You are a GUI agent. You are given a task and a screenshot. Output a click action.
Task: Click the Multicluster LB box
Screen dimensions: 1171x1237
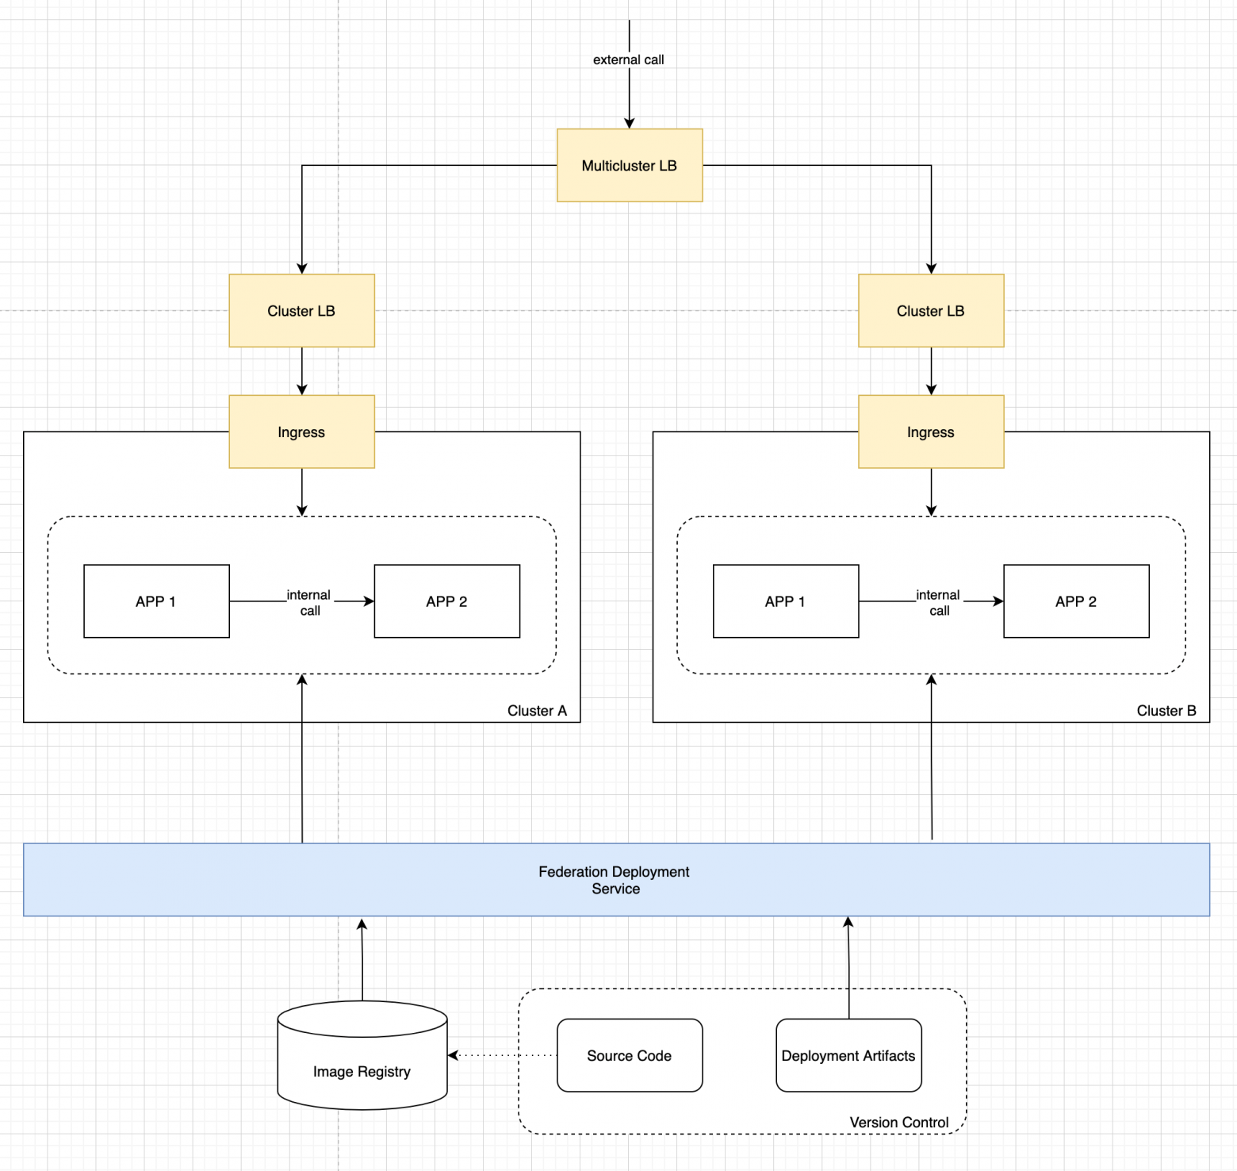click(x=630, y=165)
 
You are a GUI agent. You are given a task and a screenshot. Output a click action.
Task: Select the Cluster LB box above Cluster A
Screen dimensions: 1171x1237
click(x=301, y=311)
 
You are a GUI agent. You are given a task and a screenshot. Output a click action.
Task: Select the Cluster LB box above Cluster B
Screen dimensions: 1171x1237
click(x=931, y=311)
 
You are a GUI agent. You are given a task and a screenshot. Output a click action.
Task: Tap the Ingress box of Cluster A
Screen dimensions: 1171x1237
click(x=301, y=432)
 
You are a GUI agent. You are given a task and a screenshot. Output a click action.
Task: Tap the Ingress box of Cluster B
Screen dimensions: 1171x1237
click(x=931, y=432)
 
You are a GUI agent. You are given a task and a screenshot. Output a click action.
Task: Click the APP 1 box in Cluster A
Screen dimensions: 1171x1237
click(x=156, y=601)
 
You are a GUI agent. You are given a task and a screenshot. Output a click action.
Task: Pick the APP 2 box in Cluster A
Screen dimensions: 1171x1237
click(x=446, y=601)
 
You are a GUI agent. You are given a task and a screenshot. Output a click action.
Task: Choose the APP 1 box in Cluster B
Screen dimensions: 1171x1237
click(x=786, y=601)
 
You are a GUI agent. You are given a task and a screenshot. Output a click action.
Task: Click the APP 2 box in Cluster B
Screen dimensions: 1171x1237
click(x=1076, y=601)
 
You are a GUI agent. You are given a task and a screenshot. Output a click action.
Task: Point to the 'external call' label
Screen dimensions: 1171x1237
click(x=629, y=60)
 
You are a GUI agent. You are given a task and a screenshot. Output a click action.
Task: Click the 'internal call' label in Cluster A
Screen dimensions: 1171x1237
click(x=309, y=602)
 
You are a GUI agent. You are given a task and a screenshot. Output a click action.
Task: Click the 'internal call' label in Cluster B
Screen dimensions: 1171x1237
click(x=939, y=602)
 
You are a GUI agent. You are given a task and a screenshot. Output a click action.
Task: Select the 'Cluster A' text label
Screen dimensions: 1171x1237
click(x=537, y=711)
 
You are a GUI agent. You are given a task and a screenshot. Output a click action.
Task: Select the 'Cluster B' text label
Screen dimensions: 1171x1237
click(x=1166, y=711)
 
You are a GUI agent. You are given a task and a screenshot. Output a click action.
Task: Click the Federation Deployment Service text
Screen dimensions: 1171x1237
click(x=615, y=880)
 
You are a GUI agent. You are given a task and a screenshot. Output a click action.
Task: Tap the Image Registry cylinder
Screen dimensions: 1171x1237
click(x=362, y=1063)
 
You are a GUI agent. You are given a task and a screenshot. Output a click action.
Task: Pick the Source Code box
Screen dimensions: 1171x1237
click(x=630, y=1055)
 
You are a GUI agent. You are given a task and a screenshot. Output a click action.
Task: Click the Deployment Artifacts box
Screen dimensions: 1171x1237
click(x=848, y=1055)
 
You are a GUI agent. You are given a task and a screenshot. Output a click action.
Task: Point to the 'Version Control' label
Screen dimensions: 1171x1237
click(x=899, y=1122)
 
